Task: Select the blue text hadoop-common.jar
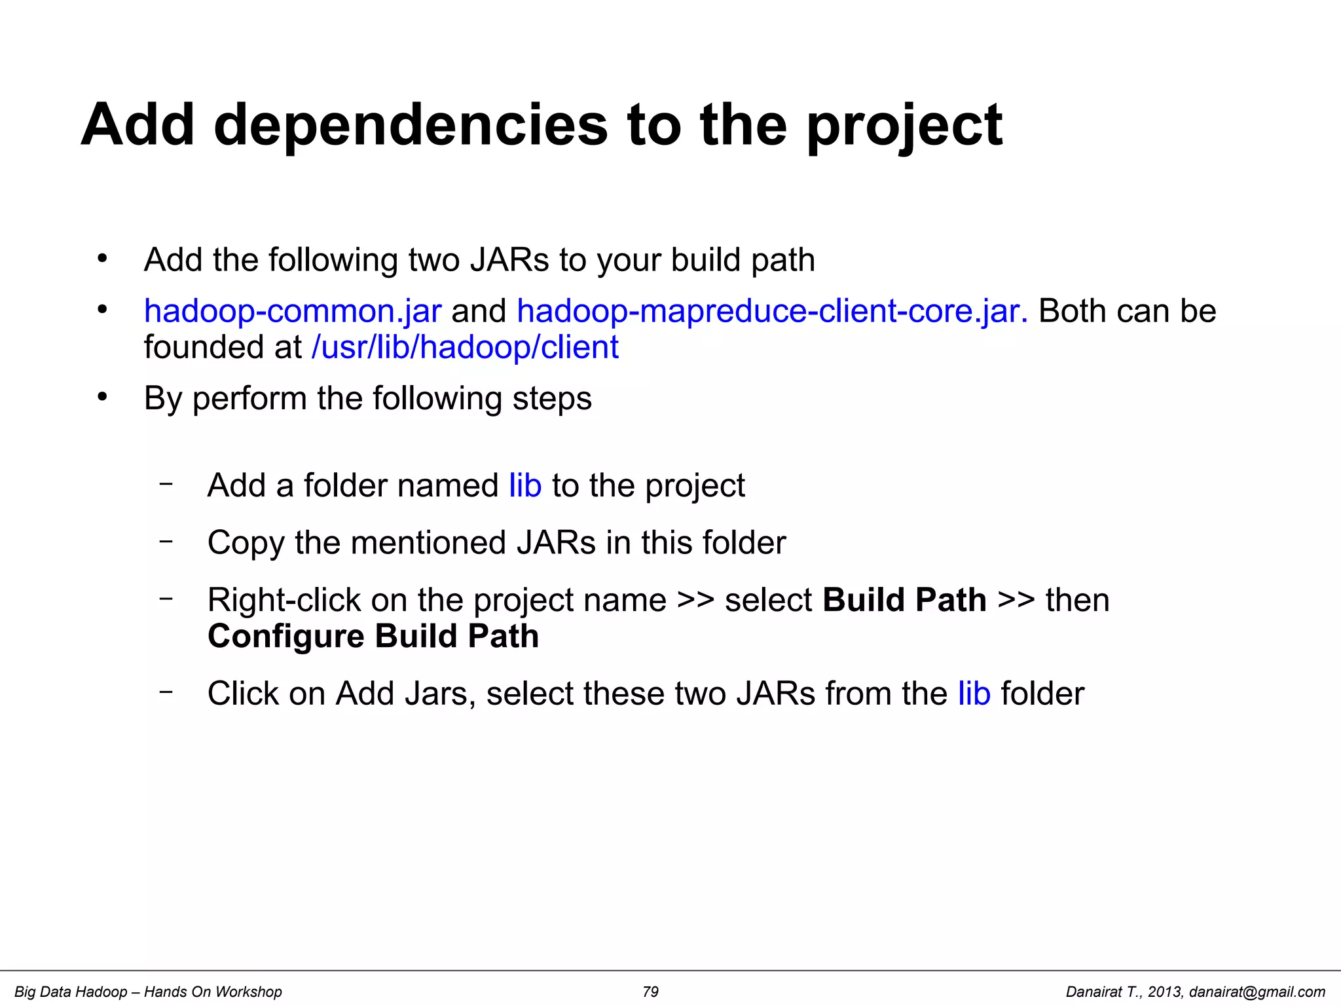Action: point(293,311)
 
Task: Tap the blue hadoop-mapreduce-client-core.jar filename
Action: point(772,311)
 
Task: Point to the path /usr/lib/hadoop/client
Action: point(465,347)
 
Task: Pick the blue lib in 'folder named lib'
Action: point(525,486)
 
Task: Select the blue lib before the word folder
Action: point(974,694)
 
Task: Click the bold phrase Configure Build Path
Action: point(373,637)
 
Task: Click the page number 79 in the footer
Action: point(650,992)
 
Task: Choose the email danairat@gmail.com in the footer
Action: point(1257,992)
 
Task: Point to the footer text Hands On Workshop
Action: point(213,992)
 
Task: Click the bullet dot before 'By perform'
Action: point(101,397)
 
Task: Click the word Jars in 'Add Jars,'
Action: point(440,694)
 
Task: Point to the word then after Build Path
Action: point(1077,601)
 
